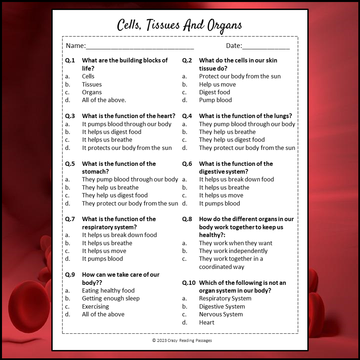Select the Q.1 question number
click(70, 60)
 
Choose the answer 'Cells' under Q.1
click(88, 76)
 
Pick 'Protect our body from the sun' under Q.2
click(240, 76)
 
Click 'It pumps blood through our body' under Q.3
click(127, 124)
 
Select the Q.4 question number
click(187, 116)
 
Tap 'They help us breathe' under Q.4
click(227, 132)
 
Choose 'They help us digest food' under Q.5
click(115, 195)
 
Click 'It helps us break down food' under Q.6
click(236, 179)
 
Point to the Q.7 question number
click(70, 219)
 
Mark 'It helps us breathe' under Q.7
click(107, 243)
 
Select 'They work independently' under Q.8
click(233, 251)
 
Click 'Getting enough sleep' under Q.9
click(111, 298)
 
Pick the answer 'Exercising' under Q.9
click(95, 306)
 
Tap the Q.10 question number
click(189, 283)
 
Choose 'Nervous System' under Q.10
click(221, 314)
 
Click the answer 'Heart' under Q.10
click(207, 322)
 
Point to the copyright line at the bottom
click(182, 340)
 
